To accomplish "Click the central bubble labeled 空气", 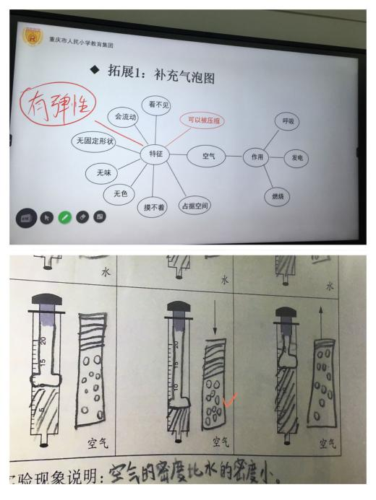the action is click(x=206, y=156).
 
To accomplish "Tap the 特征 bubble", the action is click(x=155, y=154).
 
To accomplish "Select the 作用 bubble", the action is click(x=256, y=157).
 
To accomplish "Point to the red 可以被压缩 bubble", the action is click(x=202, y=120).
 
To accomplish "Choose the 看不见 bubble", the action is click(x=156, y=105).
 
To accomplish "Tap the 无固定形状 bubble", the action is click(x=94, y=141).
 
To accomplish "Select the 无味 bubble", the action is click(x=102, y=173).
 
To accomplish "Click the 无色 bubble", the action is click(x=119, y=193).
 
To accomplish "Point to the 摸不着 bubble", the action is click(x=153, y=207).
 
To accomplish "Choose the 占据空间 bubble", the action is click(x=195, y=206).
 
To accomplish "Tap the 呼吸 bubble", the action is click(x=287, y=121).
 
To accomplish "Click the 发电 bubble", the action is click(x=296, y=158).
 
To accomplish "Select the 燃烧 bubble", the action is click(x=277, y=197).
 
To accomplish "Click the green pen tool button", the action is click(x=64, y=218).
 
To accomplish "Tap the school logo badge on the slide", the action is click(x=33, y=37).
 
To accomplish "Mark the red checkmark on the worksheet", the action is click(x=229, y=400).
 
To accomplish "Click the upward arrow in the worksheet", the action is click(x=321, y=321).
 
